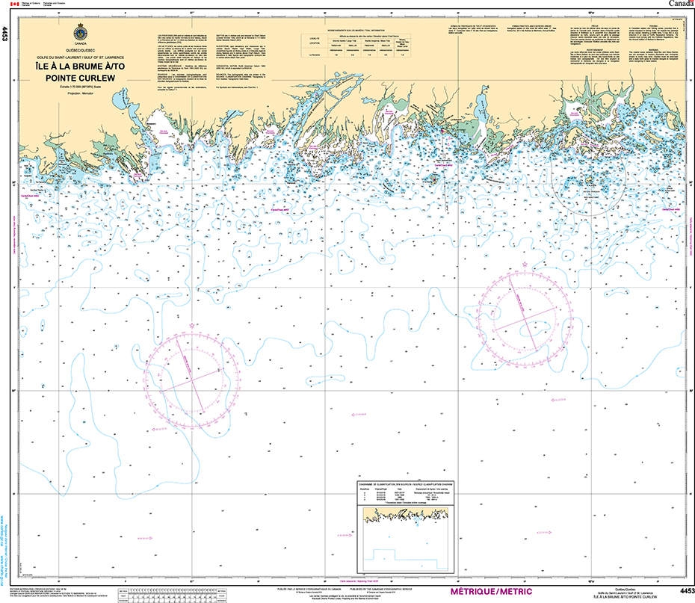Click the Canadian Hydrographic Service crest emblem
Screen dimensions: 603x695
point(80,34)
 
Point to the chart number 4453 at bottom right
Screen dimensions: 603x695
point(683,591)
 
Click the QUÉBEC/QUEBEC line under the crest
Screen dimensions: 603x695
point(80,49)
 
